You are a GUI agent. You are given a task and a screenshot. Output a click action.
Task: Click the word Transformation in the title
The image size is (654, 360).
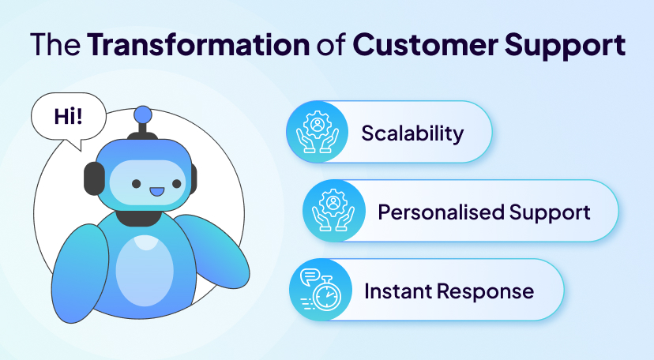click(x=198, y=44)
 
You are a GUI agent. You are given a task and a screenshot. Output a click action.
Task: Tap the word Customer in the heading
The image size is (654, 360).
click(x=426, y=44)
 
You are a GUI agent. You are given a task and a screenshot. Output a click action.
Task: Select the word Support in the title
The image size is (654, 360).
click(x=566, y=46)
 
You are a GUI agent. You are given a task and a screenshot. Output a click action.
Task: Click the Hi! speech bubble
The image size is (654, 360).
click(x=69, y=118)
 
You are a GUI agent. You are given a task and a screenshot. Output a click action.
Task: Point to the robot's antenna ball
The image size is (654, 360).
click(x=143, y=114)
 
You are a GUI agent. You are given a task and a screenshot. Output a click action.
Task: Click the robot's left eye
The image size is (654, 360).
click(x=137, y=183)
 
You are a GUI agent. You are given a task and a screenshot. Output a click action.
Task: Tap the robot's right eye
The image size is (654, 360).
click(x=176, y=183)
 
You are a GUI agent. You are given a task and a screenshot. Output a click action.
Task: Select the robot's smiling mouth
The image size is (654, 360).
click(x=157, y=192)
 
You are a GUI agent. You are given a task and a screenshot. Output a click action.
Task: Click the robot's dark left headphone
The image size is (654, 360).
click(x=94, y=178)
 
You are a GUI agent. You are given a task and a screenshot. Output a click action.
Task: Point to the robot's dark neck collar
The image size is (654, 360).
click(x=138, y=218)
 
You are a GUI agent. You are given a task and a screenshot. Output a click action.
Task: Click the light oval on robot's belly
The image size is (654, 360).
click(x=145, y=271)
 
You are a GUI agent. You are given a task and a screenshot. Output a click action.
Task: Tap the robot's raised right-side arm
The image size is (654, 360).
click(x=212, y=250)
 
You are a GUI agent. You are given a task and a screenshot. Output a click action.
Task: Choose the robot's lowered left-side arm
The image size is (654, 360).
click(x=79, y=274)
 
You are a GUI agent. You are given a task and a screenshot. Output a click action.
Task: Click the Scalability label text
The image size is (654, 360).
click(x=412, y=133)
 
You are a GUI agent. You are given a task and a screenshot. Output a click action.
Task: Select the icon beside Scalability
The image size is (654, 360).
click(x=317, y=132)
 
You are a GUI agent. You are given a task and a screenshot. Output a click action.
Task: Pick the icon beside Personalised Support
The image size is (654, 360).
click(x=333, y=211)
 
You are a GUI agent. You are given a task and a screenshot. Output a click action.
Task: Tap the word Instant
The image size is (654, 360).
click(x=397, y=291)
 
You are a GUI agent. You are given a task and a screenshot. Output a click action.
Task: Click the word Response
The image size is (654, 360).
click(x=485, y=292)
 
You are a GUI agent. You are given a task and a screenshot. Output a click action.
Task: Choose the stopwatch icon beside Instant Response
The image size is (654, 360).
click(x=321, y=290)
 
